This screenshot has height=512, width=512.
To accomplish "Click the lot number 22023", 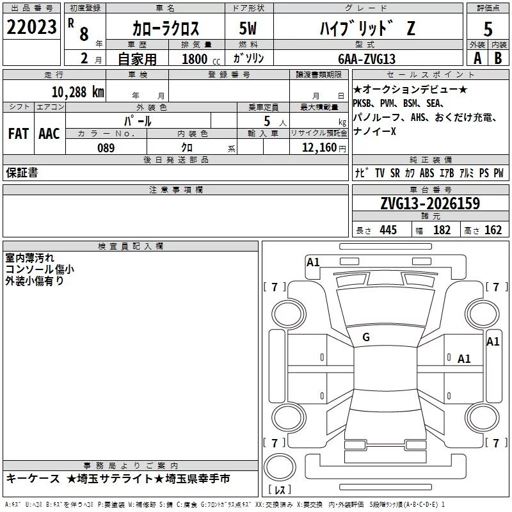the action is point(31,27).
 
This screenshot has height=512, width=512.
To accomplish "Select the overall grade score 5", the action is point(488,29).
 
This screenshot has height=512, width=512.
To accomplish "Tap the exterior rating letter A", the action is point(477,58).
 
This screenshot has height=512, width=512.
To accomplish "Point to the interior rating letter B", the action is point(498,58).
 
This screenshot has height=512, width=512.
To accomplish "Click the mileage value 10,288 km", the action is point(78,92).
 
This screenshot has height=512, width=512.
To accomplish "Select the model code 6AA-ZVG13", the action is point(367,59).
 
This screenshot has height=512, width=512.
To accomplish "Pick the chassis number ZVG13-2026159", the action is point(430,204).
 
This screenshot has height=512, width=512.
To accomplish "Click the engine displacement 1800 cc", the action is point(201,59).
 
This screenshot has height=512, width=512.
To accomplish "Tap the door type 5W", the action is point(248,28).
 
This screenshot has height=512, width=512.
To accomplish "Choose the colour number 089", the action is point(106,148).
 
